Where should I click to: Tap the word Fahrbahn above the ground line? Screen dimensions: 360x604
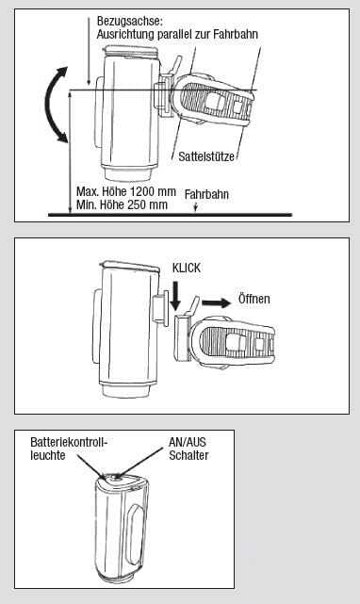coord(206,194)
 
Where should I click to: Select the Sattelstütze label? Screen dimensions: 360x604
coord(206,156)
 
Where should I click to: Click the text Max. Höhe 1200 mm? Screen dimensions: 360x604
coord(126,191)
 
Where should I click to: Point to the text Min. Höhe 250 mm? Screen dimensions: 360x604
coord(122,204)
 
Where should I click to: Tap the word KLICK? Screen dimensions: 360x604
coord(187,269)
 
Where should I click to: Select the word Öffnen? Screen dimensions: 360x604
coord(254,299)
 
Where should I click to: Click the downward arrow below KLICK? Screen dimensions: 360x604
coord(175,296)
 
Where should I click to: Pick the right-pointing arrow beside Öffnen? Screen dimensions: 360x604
coord(216,302)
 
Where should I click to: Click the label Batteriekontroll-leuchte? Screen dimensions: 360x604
coord(69,449)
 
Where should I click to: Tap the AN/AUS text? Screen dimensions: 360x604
coord(188,442)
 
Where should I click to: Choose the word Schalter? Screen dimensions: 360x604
coord(188,455)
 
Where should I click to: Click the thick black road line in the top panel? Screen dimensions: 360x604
coord(170,215)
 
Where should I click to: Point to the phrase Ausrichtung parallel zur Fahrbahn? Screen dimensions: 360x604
coord(177,34)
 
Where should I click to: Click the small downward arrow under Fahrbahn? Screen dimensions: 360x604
coord(196,207)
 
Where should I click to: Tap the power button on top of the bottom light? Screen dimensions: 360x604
coord(115,479)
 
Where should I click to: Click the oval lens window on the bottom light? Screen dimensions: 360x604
coord(136,529)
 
